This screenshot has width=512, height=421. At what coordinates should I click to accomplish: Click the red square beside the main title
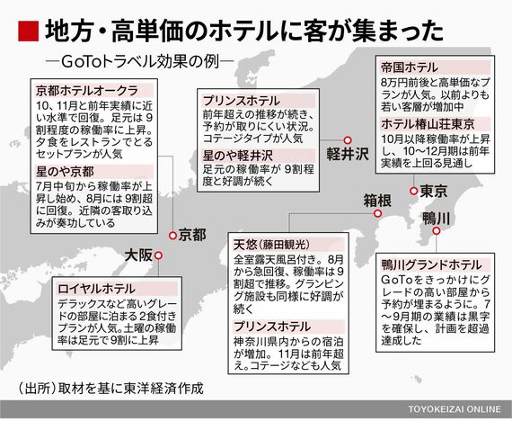28,31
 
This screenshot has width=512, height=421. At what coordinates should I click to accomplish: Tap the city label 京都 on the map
192,235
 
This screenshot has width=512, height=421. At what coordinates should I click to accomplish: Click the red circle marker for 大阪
158,255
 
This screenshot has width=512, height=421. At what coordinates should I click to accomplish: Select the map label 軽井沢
348,154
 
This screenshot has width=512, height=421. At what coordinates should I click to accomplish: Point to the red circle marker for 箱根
378,213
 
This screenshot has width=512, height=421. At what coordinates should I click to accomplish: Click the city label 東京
434,191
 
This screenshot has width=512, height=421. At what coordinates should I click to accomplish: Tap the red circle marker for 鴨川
437,231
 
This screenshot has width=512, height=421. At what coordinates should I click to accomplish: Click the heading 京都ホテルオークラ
87,91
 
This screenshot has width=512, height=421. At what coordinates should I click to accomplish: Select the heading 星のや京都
65,172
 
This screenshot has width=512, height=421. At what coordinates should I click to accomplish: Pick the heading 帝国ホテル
410,67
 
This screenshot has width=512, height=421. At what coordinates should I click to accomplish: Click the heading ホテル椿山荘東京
428,124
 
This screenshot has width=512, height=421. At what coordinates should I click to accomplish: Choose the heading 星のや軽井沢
237,156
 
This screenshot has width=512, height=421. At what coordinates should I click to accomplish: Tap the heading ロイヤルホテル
96,289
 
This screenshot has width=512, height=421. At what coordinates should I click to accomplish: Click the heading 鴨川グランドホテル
432,264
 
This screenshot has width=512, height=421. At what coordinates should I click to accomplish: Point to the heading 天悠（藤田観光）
271,245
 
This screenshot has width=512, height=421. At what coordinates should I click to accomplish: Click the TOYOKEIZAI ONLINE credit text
455,409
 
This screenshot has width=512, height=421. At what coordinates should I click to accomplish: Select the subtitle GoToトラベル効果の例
140,61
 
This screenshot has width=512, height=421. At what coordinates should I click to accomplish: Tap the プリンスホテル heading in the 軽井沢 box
242,101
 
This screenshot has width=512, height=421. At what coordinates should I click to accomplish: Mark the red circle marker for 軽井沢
348,140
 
